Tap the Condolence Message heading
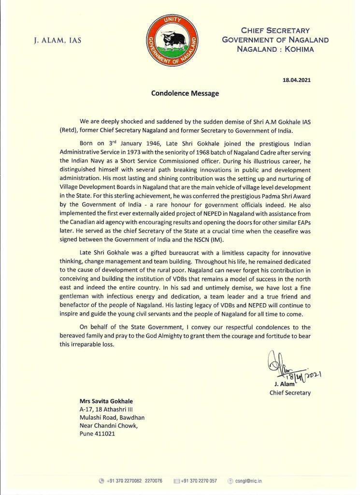(x=185, y=93)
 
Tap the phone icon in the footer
(x=101, y=481)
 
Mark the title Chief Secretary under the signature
(x=290, y=393)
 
